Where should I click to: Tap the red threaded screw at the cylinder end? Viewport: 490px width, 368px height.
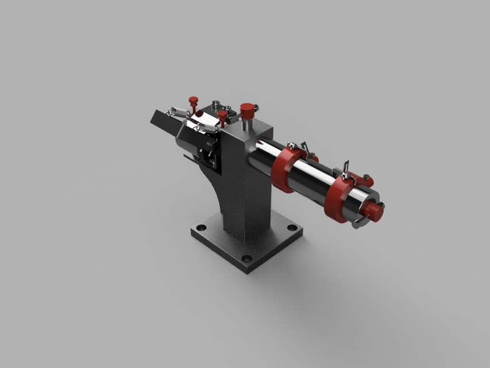pyautogui.click(x=375, y=212)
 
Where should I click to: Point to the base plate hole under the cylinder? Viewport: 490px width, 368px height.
pyautogui.click(x=292, y=228)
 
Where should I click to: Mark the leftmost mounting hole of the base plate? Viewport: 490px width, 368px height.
pyautogui.click(x=201, y=228)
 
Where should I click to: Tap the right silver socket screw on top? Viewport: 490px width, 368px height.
pyautogui.click(x=228, y=108)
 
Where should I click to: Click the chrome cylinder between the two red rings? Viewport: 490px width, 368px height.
pyautogui.click(x=312, y=178)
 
